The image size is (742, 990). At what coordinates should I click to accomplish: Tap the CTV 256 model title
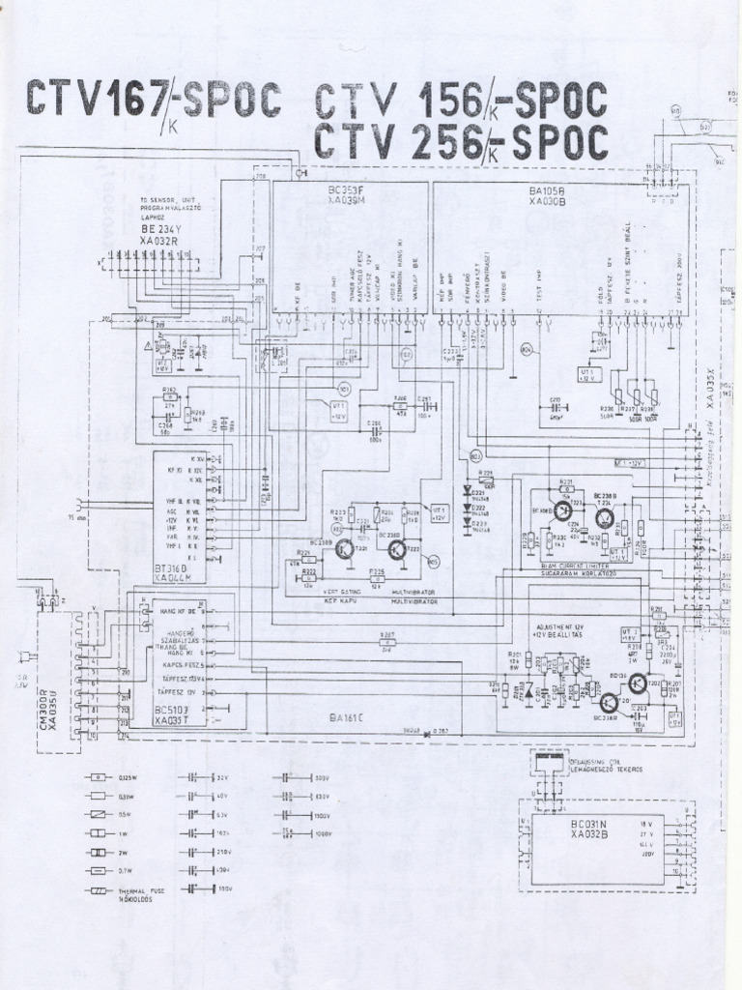click(461, 143)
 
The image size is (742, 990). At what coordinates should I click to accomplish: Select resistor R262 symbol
click(170, 403)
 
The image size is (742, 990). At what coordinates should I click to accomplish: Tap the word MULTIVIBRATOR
click(414, 599)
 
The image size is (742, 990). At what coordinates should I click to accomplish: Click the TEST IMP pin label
click(540, 285)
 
